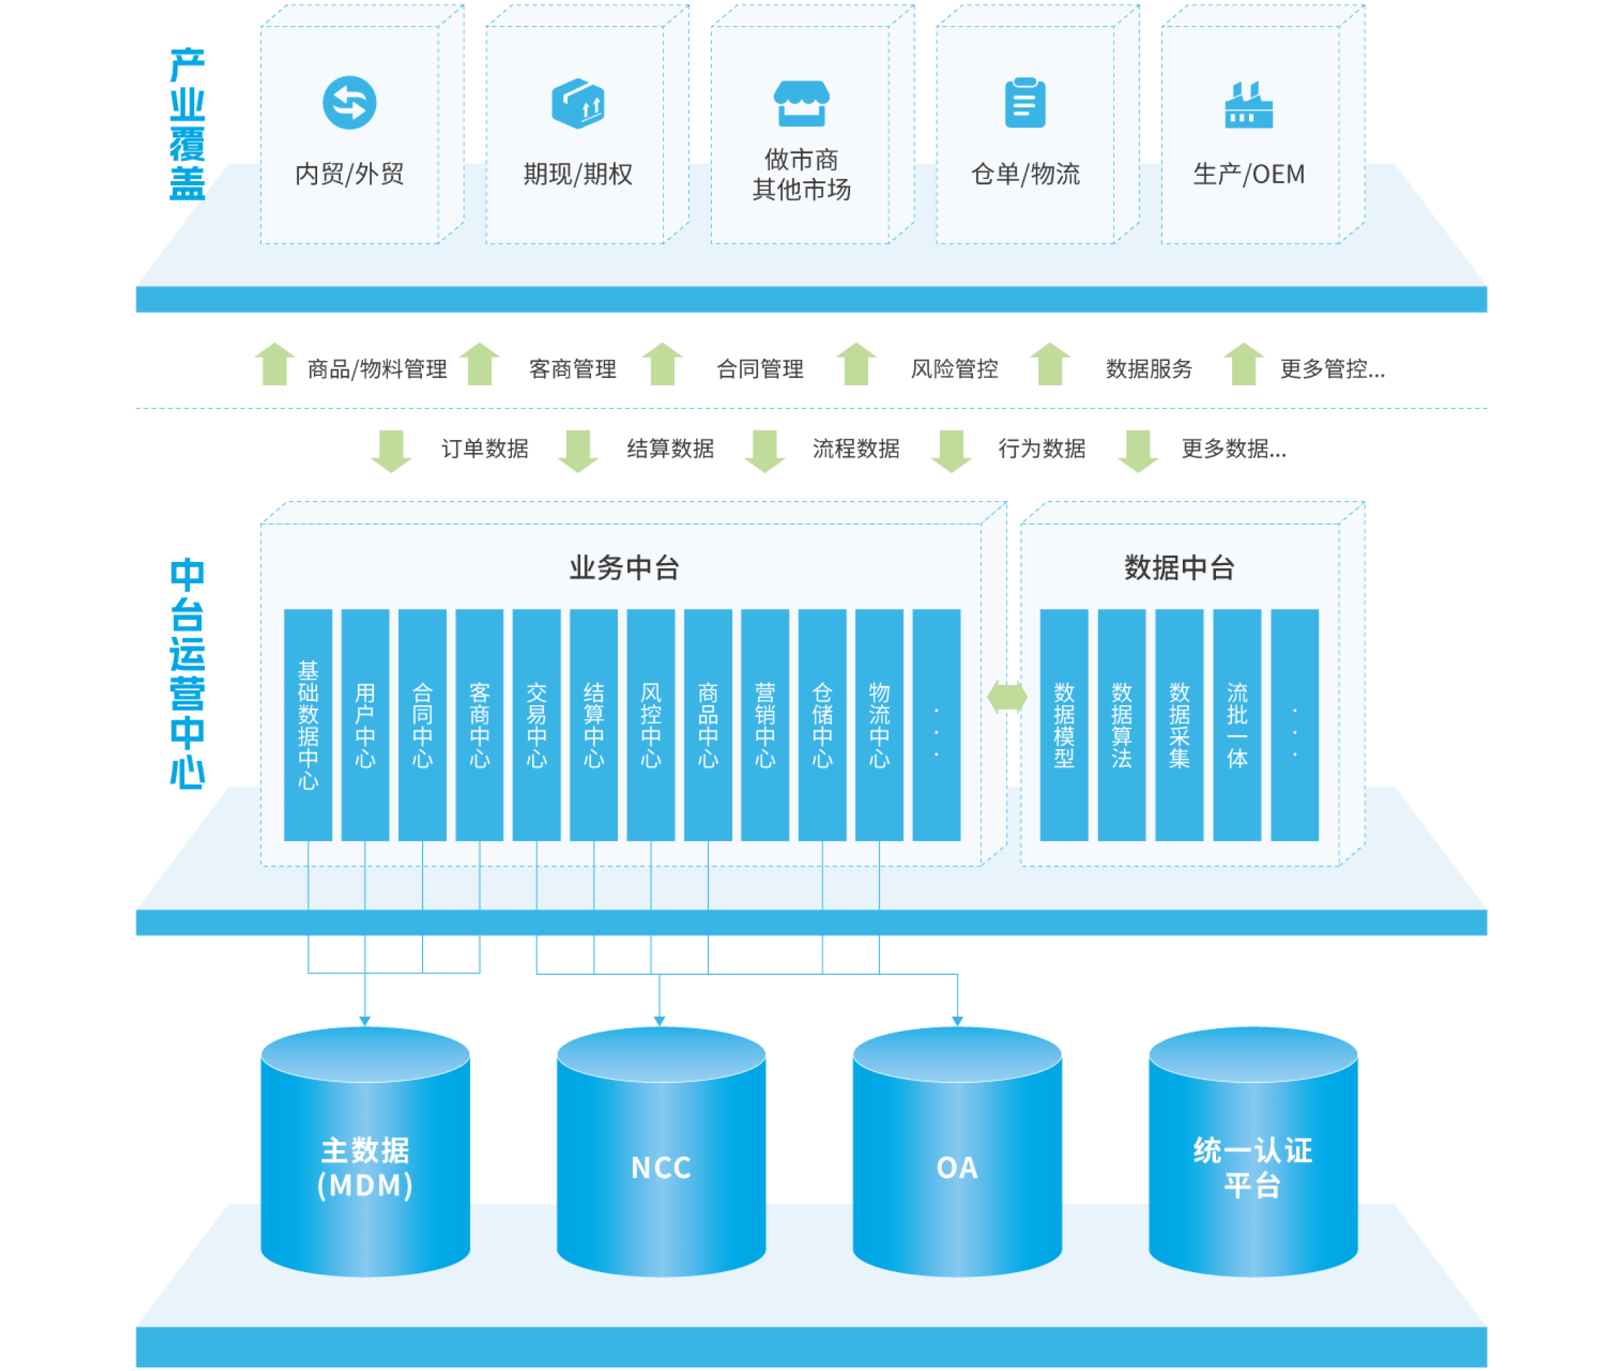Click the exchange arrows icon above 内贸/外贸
point(350,103)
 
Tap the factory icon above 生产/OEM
point(1248,105)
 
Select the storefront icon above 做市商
point(801,103)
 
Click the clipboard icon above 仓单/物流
point(1025,103)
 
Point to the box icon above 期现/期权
point(578,103)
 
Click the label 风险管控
point(954,368)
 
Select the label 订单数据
point(484,448)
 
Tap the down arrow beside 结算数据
point(578,450)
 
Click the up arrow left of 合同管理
point(662,364)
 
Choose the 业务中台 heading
point(624,568)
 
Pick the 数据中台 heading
point(1179,568)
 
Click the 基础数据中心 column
point(308,724)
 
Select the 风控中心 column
point(651,724)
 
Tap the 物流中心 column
point(879,724)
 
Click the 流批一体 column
point(1237,724)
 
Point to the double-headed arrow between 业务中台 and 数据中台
point(1008,696)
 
